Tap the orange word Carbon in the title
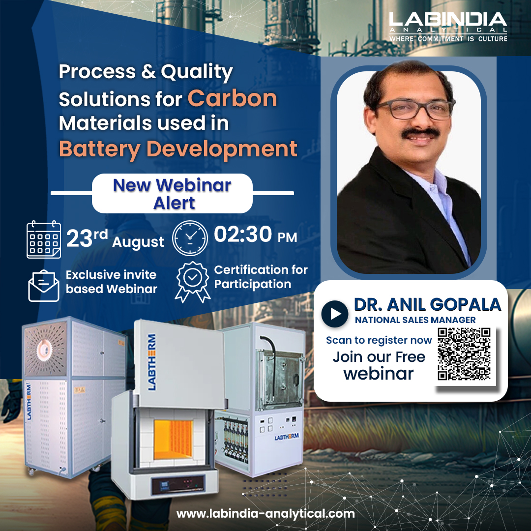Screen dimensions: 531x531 [x=232, y=98]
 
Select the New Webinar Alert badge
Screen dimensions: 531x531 [x=172, y=193]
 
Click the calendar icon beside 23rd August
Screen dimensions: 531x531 [x=44, y=240]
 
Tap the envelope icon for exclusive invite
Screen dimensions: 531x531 [x=43, y=285]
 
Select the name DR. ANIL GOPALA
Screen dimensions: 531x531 [x=427, y=304]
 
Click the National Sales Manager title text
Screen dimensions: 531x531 [x=415, y=320]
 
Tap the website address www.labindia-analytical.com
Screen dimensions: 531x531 [x=265, y=514]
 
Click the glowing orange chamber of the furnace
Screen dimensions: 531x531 [x=173, y=435]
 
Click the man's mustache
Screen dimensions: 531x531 [x=419, y=133]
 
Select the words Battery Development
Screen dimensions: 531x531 [x=178, y=148]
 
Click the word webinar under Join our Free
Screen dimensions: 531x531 [x=379, y=373]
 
